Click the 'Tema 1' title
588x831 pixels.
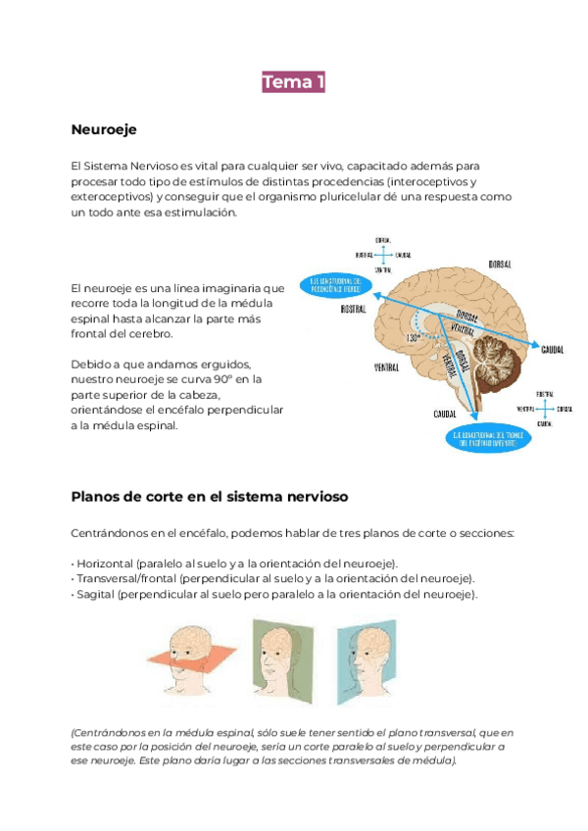[x=293, y=82]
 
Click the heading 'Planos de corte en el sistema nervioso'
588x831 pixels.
[x=209, y=496]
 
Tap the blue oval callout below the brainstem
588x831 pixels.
[x=491, y=437]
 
